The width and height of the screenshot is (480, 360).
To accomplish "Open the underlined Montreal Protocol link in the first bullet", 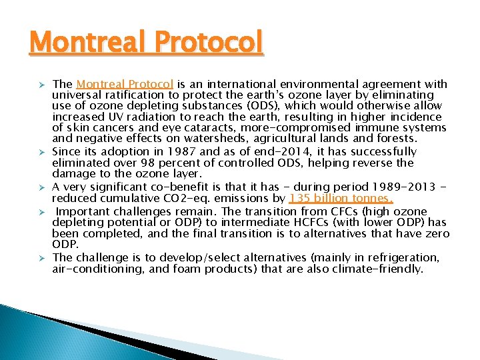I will point(125,84).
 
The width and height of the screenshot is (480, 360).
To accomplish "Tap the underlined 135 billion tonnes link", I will point(341,198).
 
